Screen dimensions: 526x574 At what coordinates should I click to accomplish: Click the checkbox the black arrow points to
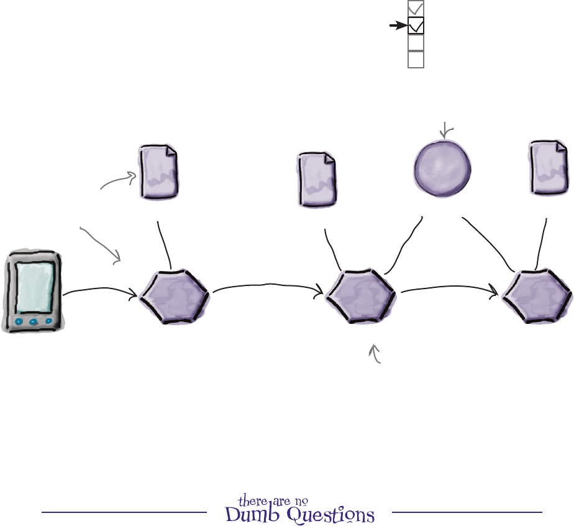[416, 26]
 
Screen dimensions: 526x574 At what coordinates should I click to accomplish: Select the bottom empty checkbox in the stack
[416, 59]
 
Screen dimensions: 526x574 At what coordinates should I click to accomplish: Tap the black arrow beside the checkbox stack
[397, 26]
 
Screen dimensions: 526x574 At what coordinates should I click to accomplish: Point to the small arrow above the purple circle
[445, 130]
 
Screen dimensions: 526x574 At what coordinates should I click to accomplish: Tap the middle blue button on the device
[35, 321]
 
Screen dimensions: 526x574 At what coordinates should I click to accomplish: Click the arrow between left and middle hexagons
[267, 287]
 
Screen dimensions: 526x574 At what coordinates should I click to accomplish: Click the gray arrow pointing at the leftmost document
[118, 181]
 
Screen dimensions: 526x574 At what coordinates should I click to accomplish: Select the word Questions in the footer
[336, 515]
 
